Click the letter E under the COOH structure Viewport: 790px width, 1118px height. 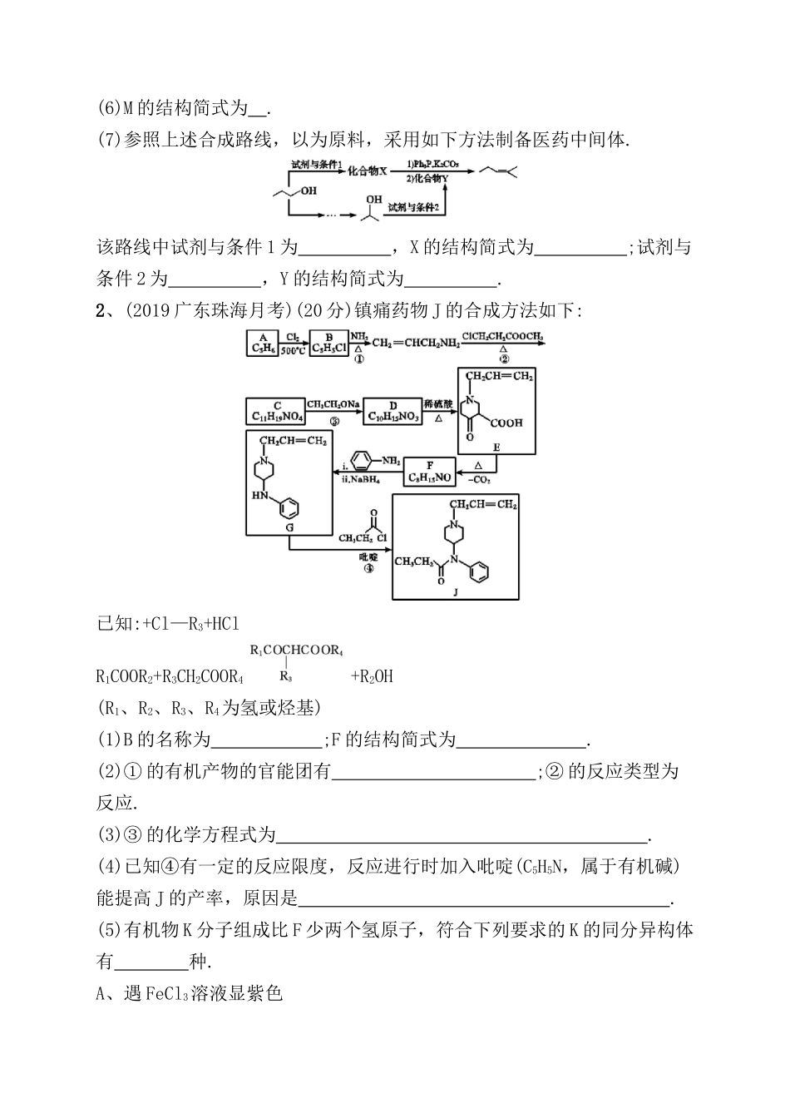click(x=496, y=448)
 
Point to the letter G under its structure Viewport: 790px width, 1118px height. click(x=289, y=527)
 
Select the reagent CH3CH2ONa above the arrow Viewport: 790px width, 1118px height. click(x=333, y=403)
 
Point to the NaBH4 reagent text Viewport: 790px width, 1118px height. click(x=362, y=479)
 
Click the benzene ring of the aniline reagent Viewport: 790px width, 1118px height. click(x=363, y=460)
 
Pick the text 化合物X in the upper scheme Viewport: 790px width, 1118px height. click(x=368, y=171)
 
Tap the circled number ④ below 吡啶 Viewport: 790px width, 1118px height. click(x=369, y=568)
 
